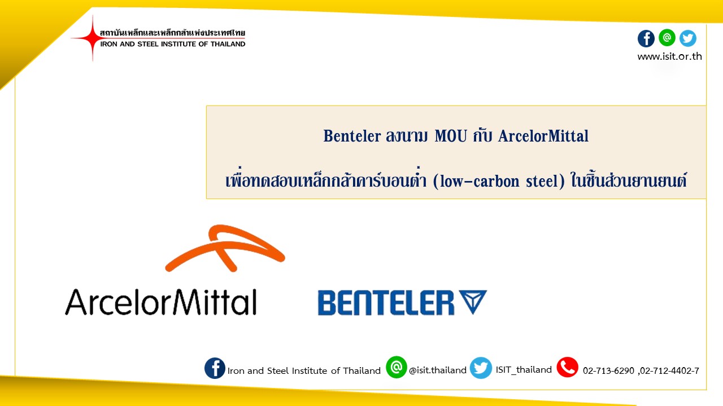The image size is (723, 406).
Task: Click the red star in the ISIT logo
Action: (92, 38)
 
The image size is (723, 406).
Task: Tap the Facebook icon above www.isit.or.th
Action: (646, 39)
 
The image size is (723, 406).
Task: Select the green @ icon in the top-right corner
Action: (667, 38)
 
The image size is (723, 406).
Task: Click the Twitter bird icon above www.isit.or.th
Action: (688, 38)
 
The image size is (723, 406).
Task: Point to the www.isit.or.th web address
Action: (669, 56)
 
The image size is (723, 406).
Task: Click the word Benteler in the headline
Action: (352, 136)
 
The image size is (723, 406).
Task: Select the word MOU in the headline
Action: (451, 136)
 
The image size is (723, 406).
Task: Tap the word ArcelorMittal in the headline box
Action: (543, 136)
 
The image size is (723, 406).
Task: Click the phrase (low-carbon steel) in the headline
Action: (499, 181)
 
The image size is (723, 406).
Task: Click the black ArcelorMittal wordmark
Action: (161, 302)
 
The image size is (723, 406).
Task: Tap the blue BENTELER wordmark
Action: (386, 303)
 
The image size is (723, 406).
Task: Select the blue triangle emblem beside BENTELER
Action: (473, 301)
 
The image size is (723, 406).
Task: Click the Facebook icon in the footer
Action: (215, 368)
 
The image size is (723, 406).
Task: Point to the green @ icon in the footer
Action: (396, 367)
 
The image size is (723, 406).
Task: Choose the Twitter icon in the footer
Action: (481, 368)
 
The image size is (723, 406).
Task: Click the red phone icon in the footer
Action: (568, 367)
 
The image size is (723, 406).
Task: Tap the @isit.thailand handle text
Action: (438, 370)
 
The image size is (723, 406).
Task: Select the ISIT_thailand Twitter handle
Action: (524, 369)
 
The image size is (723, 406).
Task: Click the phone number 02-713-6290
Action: (608, 371)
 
